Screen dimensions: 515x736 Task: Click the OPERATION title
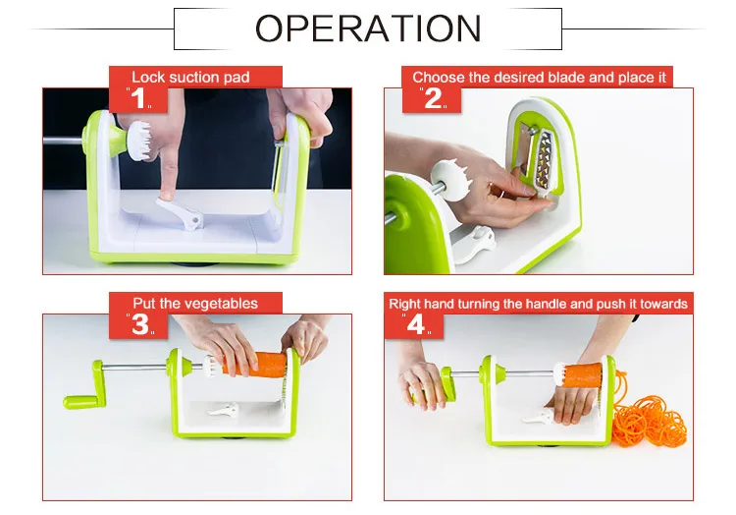368,29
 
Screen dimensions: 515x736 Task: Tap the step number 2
433,98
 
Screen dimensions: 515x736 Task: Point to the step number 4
419,323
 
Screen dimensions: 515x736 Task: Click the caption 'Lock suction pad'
191,77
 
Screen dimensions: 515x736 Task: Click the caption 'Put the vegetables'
195,304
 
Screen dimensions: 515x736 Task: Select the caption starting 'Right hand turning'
538,304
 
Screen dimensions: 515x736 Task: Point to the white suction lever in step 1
183,208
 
